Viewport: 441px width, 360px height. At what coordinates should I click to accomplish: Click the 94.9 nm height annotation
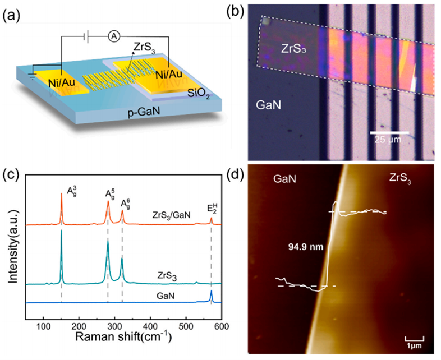click(305, 245)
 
